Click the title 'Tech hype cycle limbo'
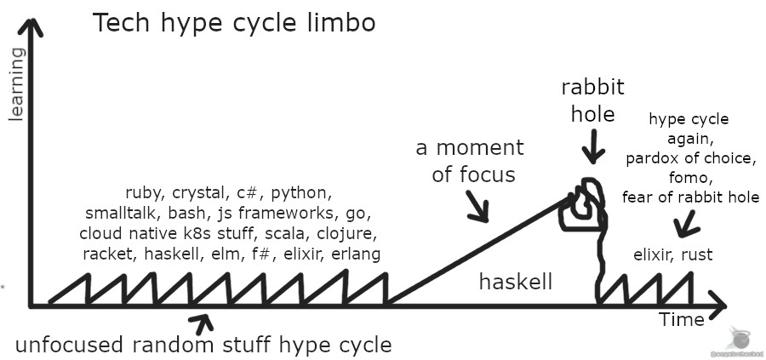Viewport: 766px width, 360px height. tap(233, 23)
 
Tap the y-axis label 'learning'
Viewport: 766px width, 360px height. tap(15, 85)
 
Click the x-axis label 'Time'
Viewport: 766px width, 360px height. tap(682, 320)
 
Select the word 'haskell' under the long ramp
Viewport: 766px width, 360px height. tap(515, 282)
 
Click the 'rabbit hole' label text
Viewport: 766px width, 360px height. tap(592, 100)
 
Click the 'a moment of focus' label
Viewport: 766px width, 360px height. tap(469, 161)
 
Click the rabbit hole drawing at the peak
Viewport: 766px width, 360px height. tap(583, 207)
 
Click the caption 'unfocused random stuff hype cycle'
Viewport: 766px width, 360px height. tap(203, 345)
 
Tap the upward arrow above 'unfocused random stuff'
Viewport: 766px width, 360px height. tap(203, 322)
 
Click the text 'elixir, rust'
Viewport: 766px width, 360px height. tap(673, 254)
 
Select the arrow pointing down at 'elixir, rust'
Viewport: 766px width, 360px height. tap(685, 225)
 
